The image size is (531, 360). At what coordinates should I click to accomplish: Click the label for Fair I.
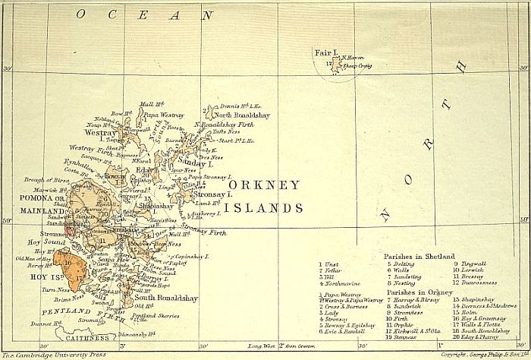(325, 53)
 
